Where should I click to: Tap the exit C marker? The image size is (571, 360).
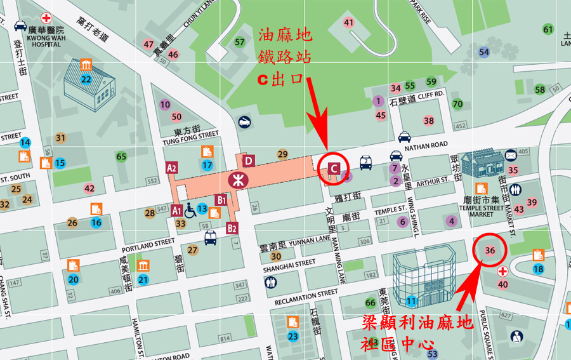tap(333, 168)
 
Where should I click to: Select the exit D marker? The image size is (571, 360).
tap(248, 161)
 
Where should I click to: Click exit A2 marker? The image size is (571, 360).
tap(171, 168)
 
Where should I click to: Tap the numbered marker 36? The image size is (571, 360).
tap(490, 250)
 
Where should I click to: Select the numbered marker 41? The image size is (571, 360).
tap(348, 23)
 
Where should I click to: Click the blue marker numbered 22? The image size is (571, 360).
tap(86, 79)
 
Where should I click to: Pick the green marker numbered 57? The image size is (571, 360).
tap(240, 43)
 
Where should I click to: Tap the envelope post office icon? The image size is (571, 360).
tap(511, 154)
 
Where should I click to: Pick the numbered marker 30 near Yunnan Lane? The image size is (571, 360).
tap(275, 257)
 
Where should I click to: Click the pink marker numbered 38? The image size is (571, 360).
tap(429, 121)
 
